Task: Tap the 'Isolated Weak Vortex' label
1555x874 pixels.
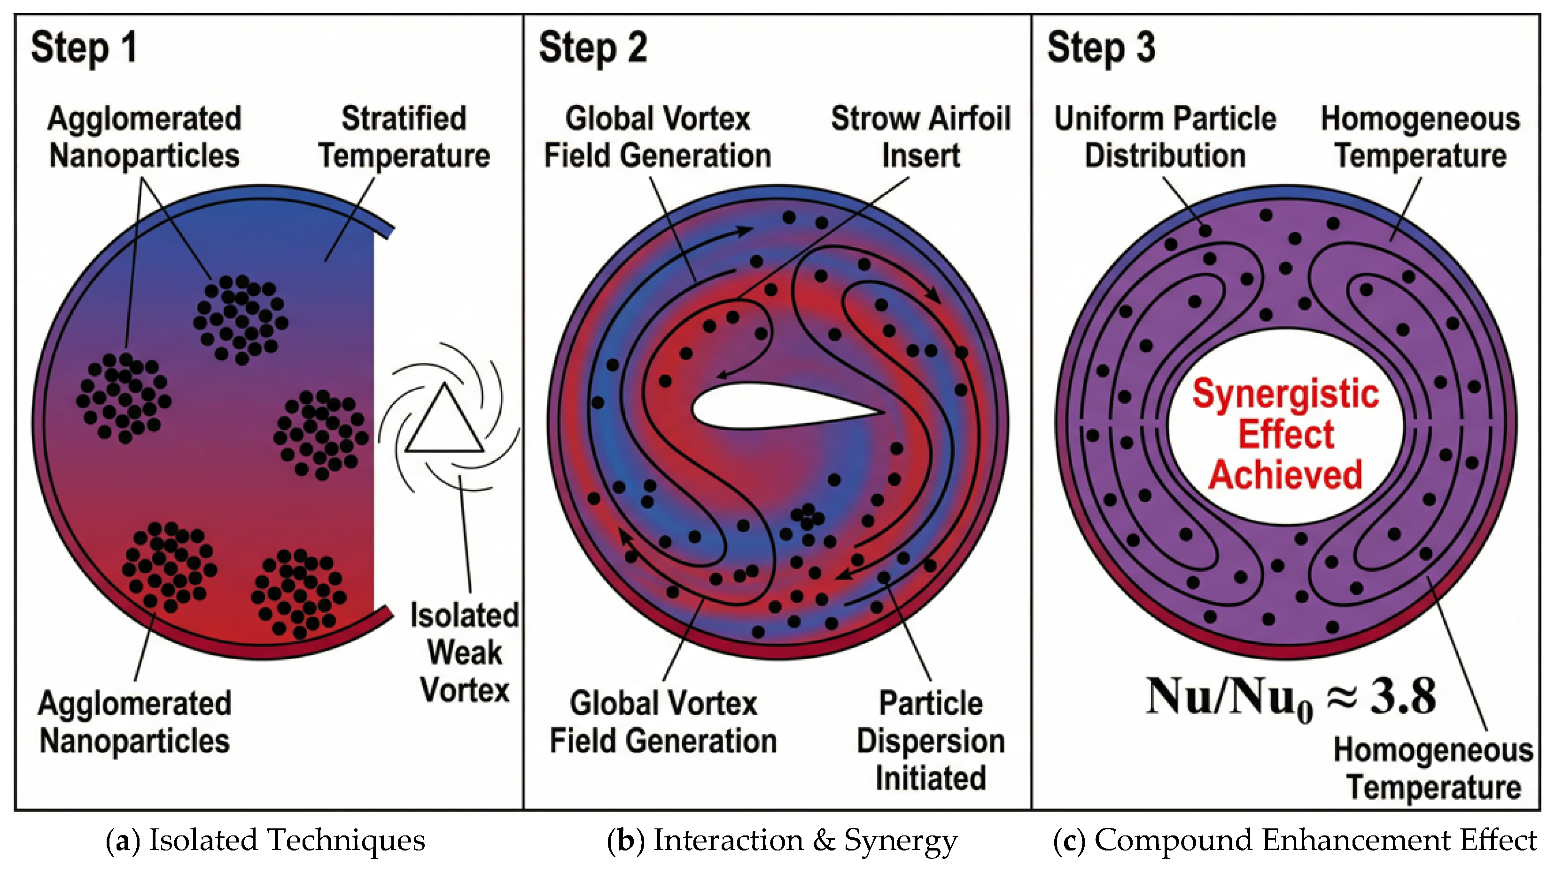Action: pos(465,653)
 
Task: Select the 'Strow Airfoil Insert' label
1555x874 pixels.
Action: pos(921,137)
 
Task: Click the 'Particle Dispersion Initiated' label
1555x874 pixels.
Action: pos(930,740)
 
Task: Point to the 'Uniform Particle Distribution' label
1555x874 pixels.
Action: pos(1165,137)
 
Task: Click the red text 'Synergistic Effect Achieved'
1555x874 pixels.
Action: pos(1286,433)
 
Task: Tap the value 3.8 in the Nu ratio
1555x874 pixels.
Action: pos(1403,696)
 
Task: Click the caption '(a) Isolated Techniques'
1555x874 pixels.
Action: pos(265,840)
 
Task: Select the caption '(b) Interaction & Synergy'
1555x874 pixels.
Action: pos(782,840)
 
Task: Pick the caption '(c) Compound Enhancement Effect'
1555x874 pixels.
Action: pos(1295,840)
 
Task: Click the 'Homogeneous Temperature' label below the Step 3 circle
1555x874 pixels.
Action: pos(1433,768)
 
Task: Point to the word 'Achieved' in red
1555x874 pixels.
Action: pos(1286,475)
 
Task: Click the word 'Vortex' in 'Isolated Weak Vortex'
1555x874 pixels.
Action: pos(465,690)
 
